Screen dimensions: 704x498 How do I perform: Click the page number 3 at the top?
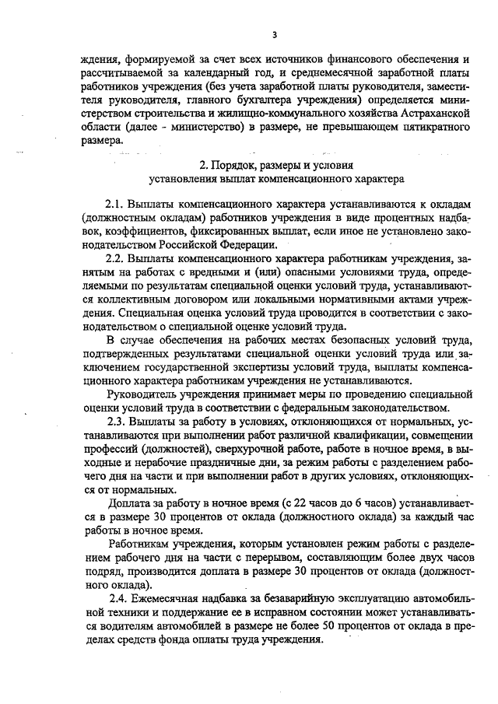pos(275,34)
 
